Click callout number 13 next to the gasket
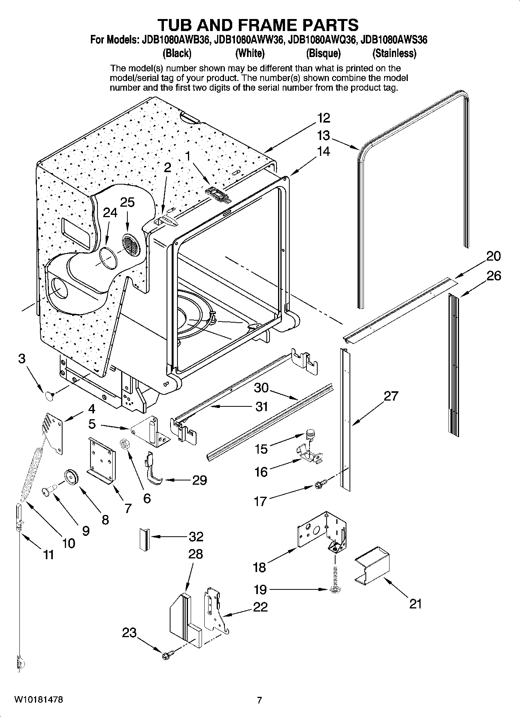(x=323, y=135)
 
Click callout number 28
(x=195, y=554)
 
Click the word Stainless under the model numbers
(x=394, y=53)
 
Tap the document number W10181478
(x=38, y=700)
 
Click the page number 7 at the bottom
(x=259, y=700)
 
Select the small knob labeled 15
(x=310, y=433)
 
